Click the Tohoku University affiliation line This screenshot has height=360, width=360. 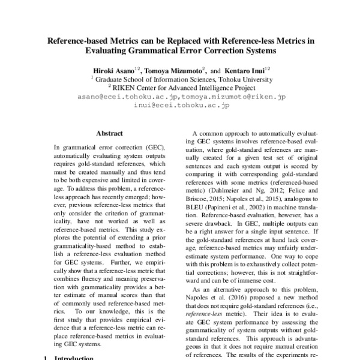(x=180, y=78)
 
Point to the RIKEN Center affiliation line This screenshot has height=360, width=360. (x=180, y=87)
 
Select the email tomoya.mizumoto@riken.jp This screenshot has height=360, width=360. (x=234, y=96)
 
